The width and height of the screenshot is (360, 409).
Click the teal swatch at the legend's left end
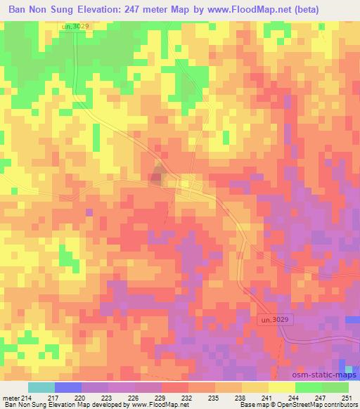(41, 387)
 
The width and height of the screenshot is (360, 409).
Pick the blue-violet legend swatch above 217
(67, 387)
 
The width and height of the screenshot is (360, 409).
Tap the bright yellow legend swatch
(282, 387)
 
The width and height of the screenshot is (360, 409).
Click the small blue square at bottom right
(349, 368)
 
